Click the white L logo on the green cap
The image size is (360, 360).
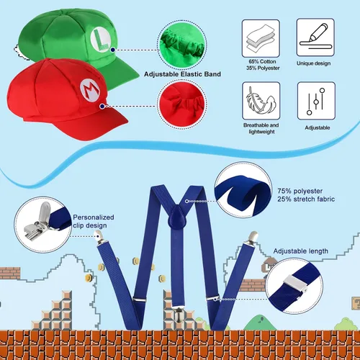coord(101,40)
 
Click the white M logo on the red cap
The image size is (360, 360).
coord(89,89)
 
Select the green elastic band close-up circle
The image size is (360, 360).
coord(182,45)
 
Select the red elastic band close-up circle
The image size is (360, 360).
coord(182,104)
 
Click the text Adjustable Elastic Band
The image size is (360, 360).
coord(182,74)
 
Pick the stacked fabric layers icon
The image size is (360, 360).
coord(261,38)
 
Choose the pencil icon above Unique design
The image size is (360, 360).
coord(315,37)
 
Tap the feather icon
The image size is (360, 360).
coord(261,101)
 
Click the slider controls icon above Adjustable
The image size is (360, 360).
coord(316,101)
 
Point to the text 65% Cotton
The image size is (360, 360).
coord(262,62)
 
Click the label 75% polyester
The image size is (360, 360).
coord(300,191)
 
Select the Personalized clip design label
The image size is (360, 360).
coord(94,221)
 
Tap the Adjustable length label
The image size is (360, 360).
coord(301,251)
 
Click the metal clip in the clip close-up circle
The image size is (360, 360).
coord(38,222)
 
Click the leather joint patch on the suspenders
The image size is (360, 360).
coord(177,217)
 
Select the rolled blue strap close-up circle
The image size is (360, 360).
coord(243,189)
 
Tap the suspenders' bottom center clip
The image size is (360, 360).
coord(178,314)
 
